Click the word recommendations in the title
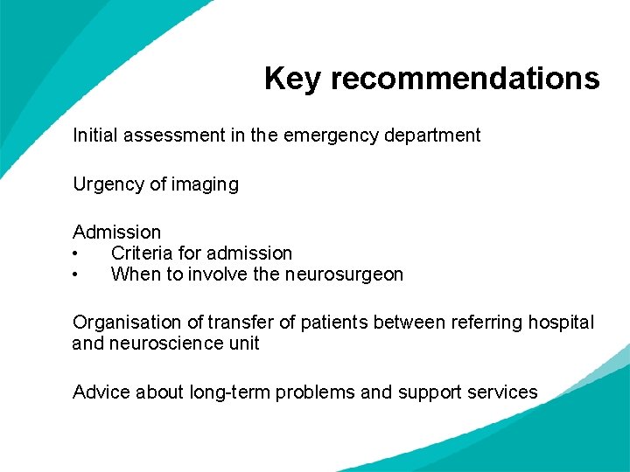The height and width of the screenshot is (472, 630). point(465,79)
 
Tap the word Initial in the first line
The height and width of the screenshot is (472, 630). point(95,135)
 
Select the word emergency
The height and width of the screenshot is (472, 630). point(332,135)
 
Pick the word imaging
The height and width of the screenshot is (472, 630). point(206,184)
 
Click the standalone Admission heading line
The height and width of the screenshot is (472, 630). point(116,233)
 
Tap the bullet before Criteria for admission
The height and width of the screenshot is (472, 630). point(77,253)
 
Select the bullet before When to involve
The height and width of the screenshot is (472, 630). point(77,274)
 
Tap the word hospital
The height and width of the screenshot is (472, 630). point(562,323)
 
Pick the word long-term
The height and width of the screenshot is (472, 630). point(229,392)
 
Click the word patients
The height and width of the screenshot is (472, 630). point(334,323)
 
